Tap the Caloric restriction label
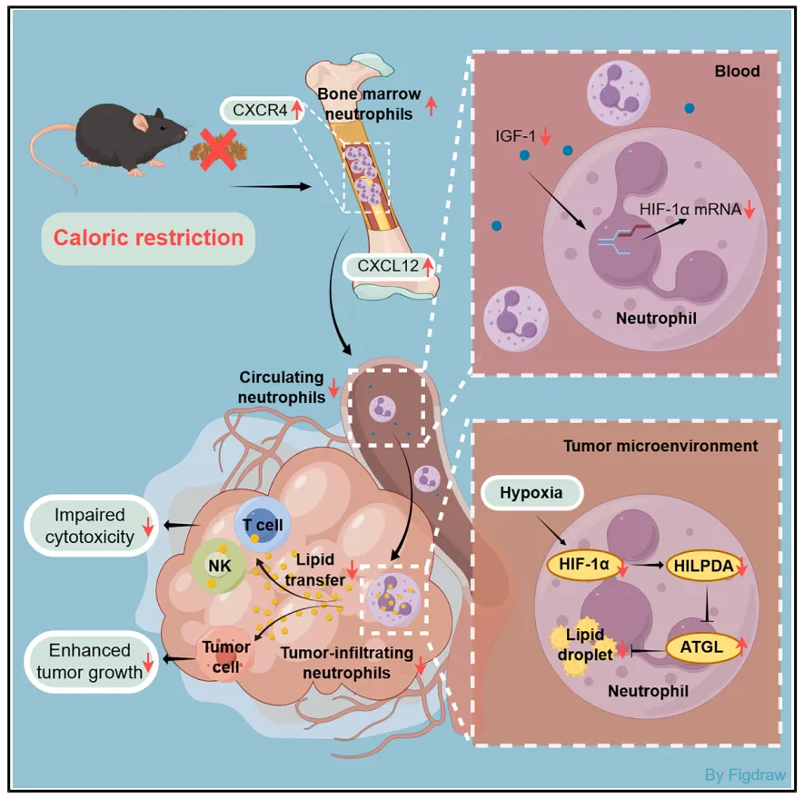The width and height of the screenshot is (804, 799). [x=148, y=239]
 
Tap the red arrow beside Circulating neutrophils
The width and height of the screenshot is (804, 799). [x=333, y=388]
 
